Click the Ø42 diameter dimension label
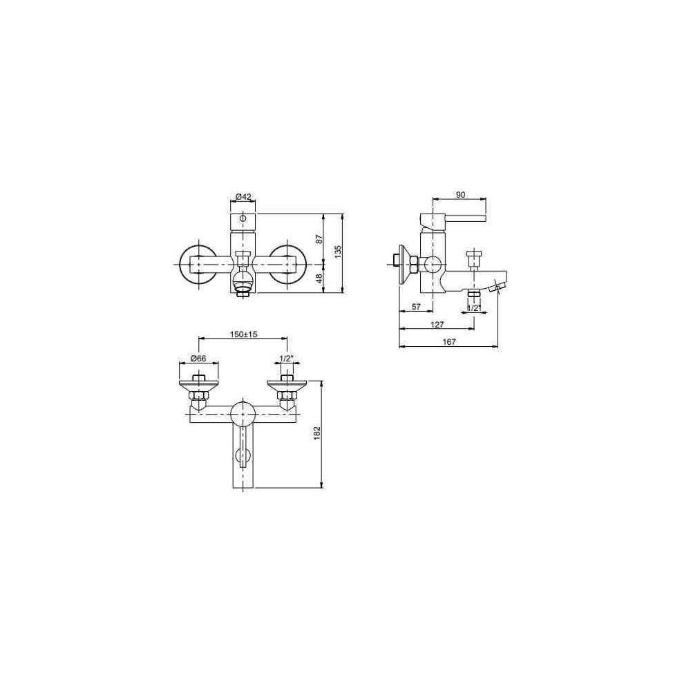point(243,196)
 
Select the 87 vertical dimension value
point(319,239)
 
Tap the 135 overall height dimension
point(338,252)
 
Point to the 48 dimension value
point(319,278)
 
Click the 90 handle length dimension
point(460,195)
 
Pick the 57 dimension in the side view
point(416,307)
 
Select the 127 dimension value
point(437,324)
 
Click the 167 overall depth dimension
point(448,342)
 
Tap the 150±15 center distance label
point(243,334)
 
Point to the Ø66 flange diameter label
point(199,358)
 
